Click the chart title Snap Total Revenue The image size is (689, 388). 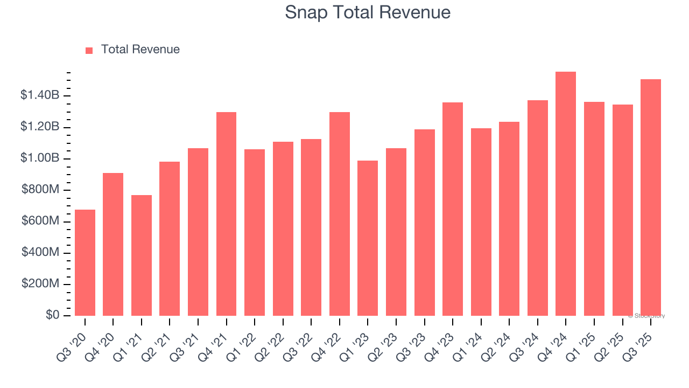368,12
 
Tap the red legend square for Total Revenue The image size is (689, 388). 89,50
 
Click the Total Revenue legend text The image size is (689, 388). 140,50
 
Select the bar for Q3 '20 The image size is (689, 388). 85,262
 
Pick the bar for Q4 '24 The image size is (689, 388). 566,194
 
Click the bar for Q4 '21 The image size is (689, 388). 226,214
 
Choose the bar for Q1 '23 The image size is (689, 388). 368,238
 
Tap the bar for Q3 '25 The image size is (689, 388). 650,198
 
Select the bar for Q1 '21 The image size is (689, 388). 142,255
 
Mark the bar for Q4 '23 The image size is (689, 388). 453,209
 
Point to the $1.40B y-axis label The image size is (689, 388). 40,95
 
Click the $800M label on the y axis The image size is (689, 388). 40,190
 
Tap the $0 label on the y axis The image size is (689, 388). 52,315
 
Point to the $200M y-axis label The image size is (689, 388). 40,284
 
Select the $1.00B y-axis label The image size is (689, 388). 40,158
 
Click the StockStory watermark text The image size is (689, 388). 646,316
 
